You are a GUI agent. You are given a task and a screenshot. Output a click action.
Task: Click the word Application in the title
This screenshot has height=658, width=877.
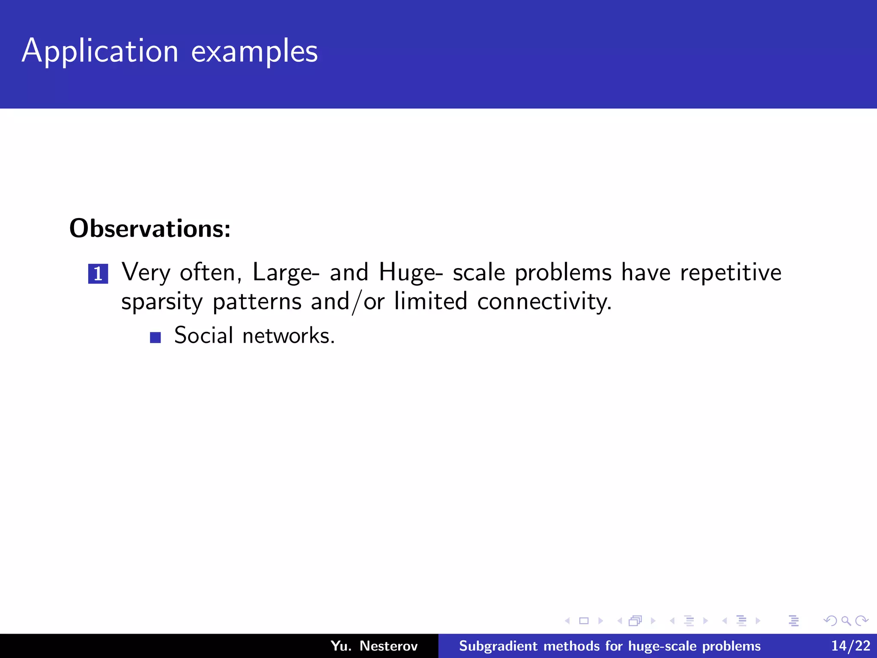[x=100, y=51]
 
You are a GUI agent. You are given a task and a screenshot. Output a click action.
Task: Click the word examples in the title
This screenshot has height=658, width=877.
[x=254, y=51]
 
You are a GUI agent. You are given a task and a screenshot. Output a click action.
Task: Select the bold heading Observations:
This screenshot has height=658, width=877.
[x=150, y=228]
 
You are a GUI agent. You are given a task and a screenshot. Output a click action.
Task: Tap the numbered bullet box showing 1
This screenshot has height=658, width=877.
[x=98, y=274]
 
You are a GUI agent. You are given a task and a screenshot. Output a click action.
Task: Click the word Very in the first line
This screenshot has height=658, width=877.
[x=146, y=272]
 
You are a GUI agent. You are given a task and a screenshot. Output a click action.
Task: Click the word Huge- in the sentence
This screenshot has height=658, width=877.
[x=411, y=272]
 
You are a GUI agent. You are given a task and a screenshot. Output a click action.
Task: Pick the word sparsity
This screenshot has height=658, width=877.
[x=162, y=302]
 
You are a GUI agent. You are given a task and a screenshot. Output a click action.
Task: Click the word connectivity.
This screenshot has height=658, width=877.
[x=544, y=302]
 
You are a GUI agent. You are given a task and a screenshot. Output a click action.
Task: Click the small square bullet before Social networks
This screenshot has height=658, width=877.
[x=155, y=338]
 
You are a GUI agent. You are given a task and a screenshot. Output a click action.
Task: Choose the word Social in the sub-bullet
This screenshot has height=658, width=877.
[x=203, y=335]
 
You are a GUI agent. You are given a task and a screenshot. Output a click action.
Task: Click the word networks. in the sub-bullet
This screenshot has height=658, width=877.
[x=288, y=335]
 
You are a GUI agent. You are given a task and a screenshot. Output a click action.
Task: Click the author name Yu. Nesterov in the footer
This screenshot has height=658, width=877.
[x=374, y=646]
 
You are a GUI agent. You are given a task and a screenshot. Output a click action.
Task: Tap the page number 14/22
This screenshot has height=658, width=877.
[x=850, y=646]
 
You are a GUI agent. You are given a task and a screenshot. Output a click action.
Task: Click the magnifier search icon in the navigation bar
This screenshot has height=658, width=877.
[x=846, y=621]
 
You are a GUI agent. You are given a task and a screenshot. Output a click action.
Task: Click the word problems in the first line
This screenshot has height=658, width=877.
[x=563, y=272]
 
